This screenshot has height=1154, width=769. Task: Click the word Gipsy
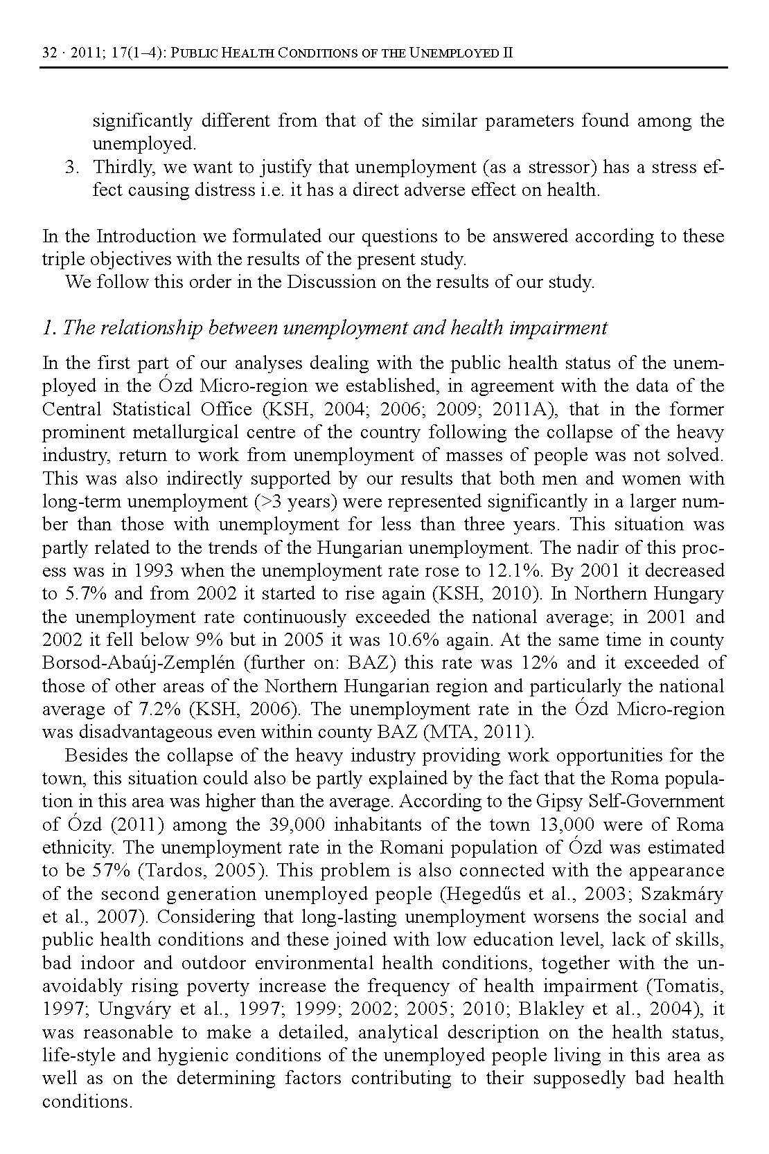coord(558,802)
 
